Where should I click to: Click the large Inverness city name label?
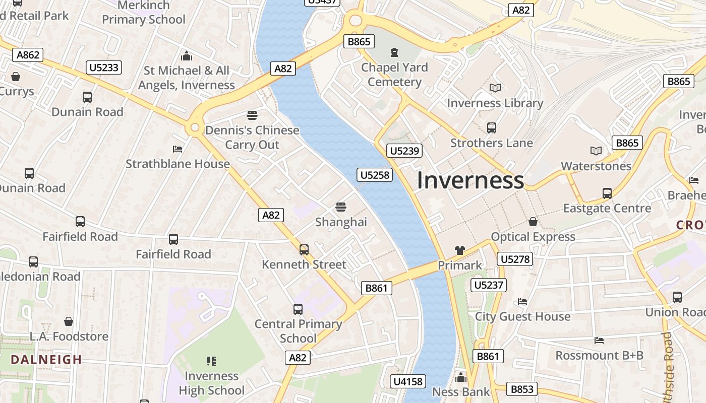470,180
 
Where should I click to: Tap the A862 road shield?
28,55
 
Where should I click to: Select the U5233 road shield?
104,68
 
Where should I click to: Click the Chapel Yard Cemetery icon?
394,52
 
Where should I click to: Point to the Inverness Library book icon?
495,88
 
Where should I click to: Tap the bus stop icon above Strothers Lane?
492,128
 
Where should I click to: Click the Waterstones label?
596,166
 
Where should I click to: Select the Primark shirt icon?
459,250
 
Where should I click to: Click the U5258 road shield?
375,175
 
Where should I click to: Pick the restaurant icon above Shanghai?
341,207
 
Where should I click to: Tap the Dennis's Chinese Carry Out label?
252,138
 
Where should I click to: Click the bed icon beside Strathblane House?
178,149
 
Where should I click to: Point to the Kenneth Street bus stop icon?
304,250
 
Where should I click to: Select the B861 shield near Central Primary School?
376,288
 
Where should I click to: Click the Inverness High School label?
211,383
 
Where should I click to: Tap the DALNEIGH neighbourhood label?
46,360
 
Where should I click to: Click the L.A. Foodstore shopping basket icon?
69,321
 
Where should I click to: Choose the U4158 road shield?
407,381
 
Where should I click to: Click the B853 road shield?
521,389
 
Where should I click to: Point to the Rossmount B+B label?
599,355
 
